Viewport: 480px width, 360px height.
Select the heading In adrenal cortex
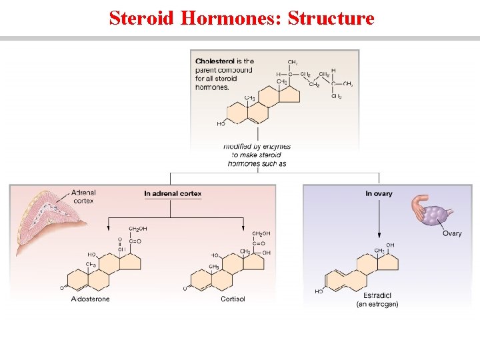173,193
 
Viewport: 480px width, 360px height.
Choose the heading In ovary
379,193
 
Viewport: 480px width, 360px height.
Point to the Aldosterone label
90,299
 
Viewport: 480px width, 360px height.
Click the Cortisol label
233,299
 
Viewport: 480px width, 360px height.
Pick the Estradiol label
377,295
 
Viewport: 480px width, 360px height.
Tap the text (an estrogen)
377,304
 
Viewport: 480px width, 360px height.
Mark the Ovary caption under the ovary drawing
452,233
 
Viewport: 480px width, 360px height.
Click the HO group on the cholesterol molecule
221,123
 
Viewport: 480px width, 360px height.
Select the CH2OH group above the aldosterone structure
137,229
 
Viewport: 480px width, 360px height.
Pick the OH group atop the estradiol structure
390,245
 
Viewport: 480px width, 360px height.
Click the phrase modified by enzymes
257,147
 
